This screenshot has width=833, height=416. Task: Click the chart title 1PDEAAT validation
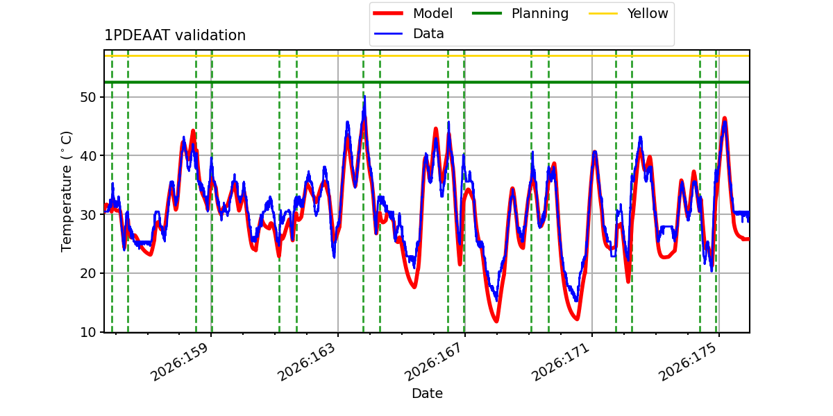(x=175, y=35)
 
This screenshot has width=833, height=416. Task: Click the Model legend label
(x=433, y=13)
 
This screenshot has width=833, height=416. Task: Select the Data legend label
(x=428, y=34)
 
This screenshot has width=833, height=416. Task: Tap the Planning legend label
(x=540, y=14)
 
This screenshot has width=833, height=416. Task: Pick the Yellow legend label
(x=648, y=13)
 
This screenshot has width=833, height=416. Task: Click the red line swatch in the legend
(x=388, y=13)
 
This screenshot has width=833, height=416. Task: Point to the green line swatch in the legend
(x=487, y=13)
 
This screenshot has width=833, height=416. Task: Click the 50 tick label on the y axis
(x=87, y=97)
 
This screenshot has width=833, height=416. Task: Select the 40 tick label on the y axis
(x=87, y=156)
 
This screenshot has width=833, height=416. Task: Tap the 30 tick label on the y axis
(x=87, y=215)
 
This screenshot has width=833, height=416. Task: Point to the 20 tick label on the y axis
(x=87, y=273)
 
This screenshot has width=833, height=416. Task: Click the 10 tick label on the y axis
(x=87, y=332)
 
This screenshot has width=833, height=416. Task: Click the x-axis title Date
(x=428, y=394)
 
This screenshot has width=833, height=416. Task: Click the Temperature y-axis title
(x=66, y=191)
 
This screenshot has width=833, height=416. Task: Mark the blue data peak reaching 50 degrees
(x=365, y=96)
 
